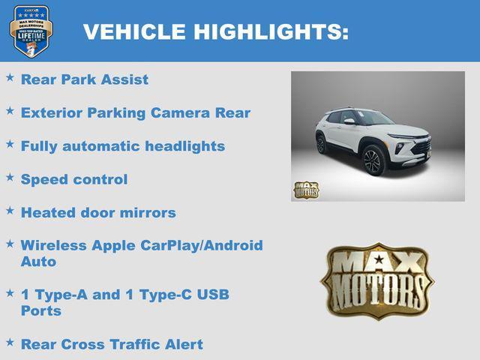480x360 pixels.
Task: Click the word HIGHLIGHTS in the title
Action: pos(272,32)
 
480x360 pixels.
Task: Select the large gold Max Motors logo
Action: pos(377,280)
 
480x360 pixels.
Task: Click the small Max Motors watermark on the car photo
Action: pos(306,190)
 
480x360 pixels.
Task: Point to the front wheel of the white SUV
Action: pos(373,161)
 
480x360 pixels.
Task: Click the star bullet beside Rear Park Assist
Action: pos(10,77)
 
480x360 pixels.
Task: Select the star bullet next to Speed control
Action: pos(10,177)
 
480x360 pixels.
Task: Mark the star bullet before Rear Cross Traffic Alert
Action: pos(10,342)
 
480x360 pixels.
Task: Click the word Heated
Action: pos(46,212)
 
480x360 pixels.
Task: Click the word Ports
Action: pos(41,310)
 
